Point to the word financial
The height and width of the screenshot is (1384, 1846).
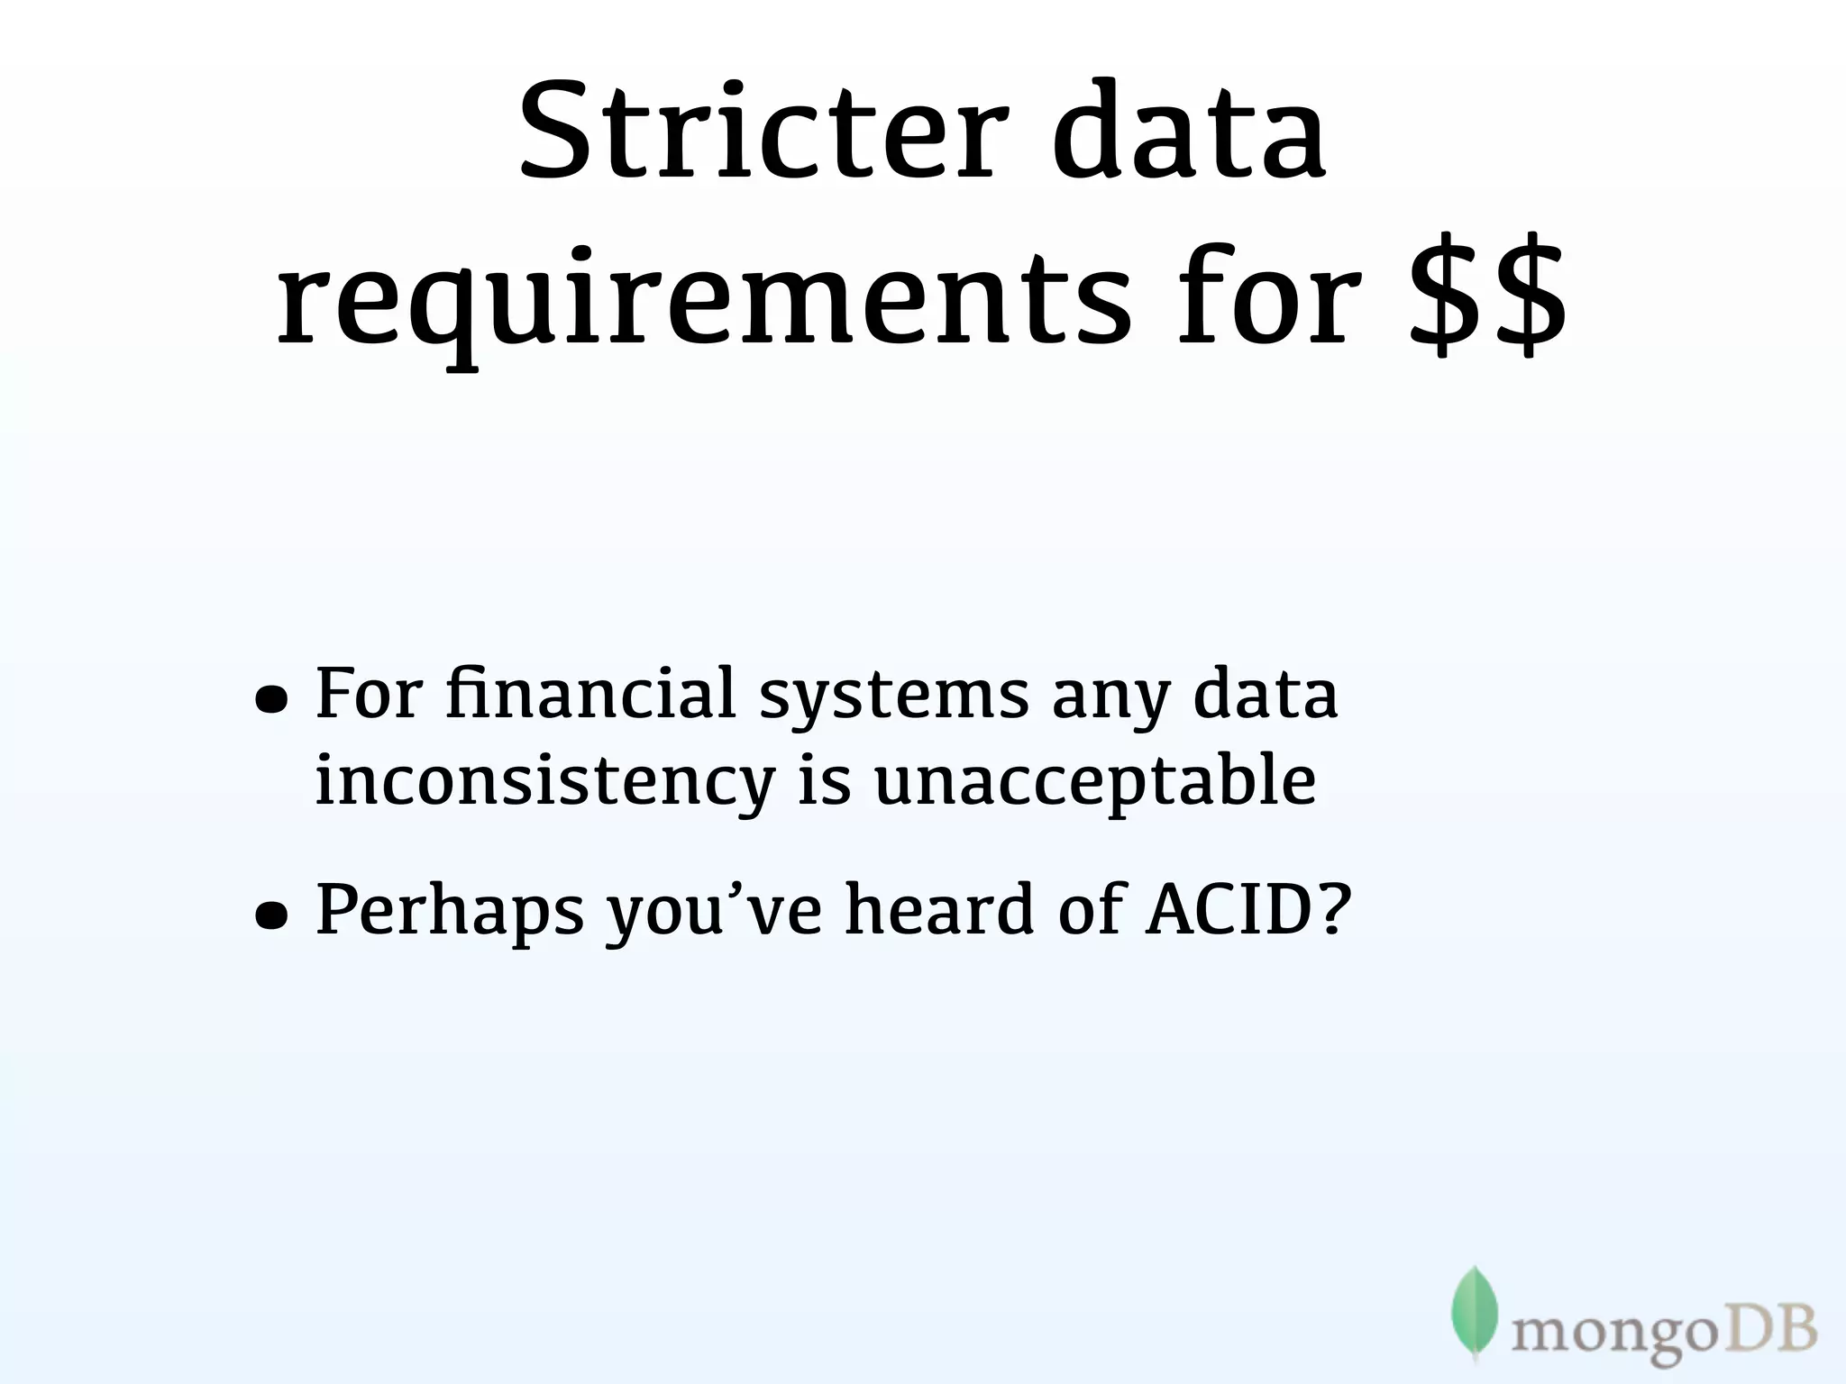(590, 694)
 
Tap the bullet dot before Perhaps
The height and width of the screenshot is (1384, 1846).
(271, 915)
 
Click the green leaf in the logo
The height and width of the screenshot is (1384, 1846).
(1474, 1311)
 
